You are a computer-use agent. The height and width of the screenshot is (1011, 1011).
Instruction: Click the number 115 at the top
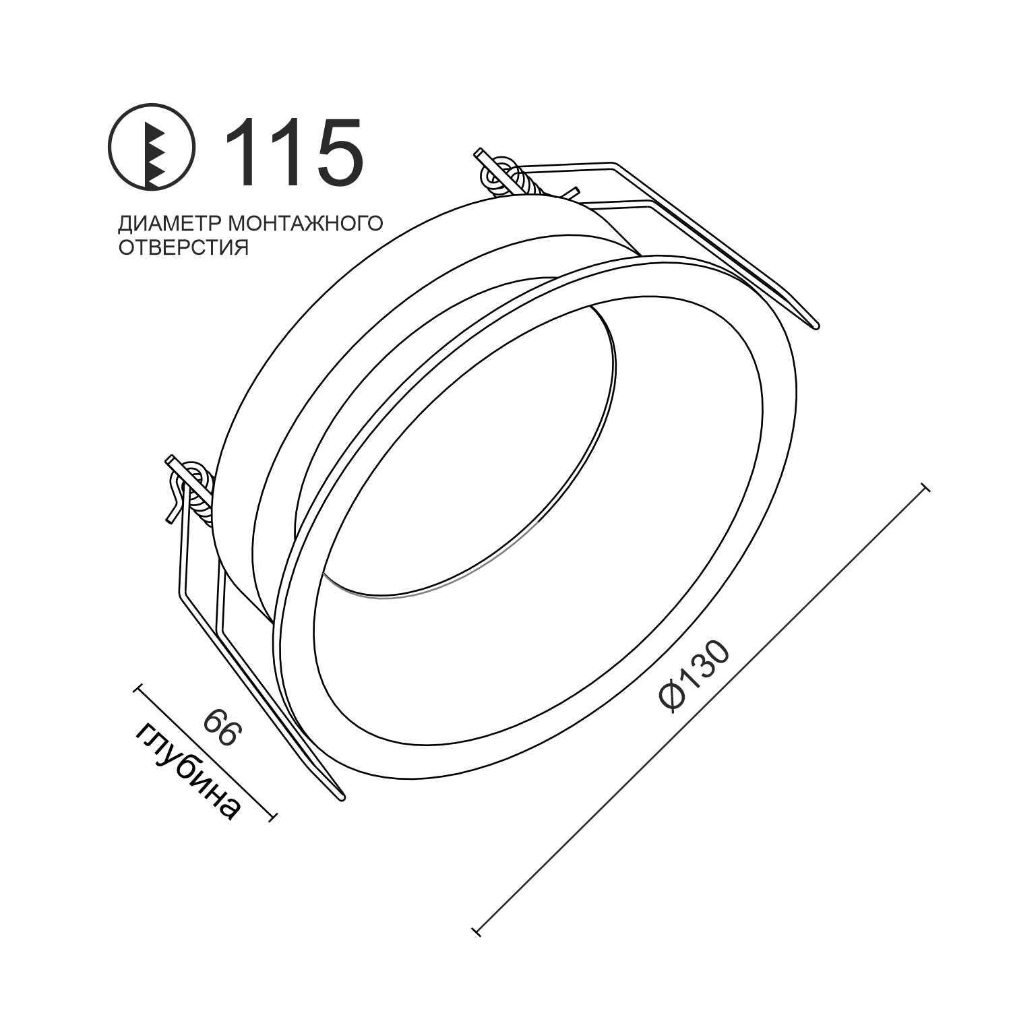tap(295, 152)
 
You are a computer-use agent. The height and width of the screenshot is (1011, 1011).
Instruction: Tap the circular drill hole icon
tap(152, 146)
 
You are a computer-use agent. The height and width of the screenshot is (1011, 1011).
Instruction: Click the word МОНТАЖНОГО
tap(305, 223)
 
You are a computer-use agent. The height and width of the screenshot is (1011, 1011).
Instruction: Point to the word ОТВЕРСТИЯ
tap(184, 248)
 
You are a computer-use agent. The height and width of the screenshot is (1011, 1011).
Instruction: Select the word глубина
tap(187, 772)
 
